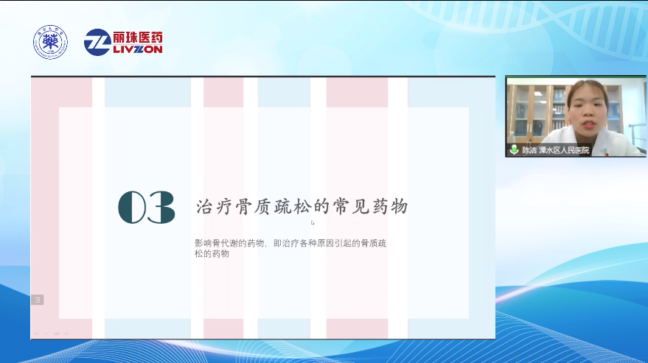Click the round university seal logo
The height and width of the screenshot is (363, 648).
(x=50, y=41)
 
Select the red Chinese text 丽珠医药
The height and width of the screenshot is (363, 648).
(x=138, y=36)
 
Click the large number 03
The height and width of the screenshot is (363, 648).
(x=147, y=208)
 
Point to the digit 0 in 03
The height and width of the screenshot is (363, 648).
(x=133, y=208)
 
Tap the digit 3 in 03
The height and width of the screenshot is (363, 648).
(x=161, y=208)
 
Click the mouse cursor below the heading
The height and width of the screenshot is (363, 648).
(x=313, y=222)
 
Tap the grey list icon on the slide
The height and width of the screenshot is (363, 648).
(x=38, y=300)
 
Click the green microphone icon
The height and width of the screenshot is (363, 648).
(x=514, y=149)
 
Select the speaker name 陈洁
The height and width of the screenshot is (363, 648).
(x=529, y=150)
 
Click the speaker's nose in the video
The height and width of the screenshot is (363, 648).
(x=590, y=113)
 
